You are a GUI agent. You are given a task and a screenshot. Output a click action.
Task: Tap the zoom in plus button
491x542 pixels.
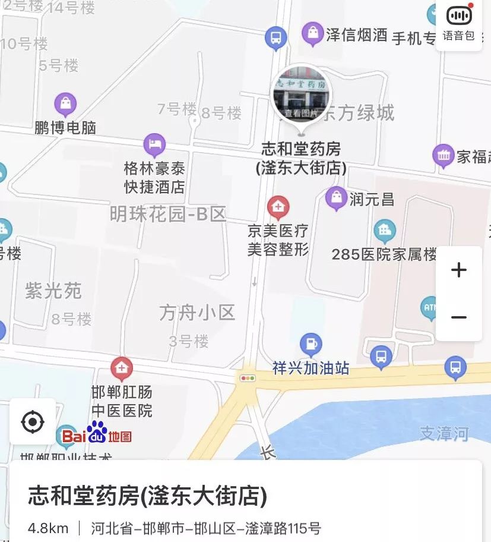[458, 270]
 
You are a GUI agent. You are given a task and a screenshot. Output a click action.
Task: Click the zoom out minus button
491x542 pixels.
[458, 317]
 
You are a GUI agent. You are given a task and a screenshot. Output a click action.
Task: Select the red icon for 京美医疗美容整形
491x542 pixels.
[278, 207]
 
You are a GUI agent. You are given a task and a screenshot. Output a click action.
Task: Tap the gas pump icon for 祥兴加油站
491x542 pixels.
[311, 344]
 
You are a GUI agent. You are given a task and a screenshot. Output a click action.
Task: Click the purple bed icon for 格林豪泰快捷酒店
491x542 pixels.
[154, 144]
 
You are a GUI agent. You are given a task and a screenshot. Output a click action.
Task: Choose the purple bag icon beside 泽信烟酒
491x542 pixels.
[313, 33]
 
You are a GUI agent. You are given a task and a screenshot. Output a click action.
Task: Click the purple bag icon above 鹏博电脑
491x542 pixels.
[65, 105]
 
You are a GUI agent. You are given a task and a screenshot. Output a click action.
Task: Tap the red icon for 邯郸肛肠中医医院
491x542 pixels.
[122, 369]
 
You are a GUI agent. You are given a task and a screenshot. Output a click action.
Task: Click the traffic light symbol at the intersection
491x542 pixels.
[247, 378]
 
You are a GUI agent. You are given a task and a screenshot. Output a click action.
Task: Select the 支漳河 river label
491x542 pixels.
[444, 433]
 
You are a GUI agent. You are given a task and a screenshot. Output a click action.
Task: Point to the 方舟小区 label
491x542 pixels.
[197, 312]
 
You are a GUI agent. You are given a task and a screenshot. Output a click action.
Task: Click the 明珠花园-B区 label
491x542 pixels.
[168, 215]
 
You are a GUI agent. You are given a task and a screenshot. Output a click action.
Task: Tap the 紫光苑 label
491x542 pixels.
[53, 291]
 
